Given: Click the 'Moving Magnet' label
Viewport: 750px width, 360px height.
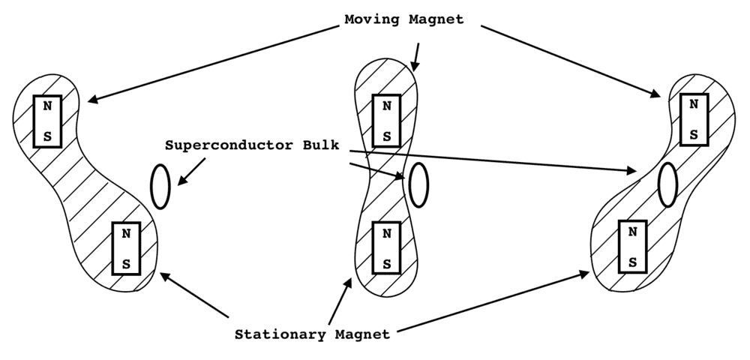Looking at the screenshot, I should [403, 19].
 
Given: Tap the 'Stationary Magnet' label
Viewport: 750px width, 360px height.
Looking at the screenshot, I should [312, 334].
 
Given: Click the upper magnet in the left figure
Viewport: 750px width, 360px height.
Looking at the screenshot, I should [47, 121].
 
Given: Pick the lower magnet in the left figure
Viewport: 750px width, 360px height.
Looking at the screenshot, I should [126, 247].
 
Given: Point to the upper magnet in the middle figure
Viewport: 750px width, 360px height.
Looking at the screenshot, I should [386, 121].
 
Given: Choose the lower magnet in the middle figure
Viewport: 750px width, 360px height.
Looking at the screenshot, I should [386, 248].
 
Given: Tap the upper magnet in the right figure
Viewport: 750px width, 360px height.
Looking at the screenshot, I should [694, 119].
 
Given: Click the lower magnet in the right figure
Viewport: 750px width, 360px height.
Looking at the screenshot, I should [632, 247].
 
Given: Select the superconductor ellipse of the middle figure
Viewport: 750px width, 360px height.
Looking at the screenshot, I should [418, 183].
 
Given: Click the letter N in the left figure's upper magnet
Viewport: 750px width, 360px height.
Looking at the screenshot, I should [47, 106].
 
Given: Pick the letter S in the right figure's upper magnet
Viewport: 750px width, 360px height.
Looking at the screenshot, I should [694, 134].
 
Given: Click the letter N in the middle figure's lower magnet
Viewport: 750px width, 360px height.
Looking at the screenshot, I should [386, 233].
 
